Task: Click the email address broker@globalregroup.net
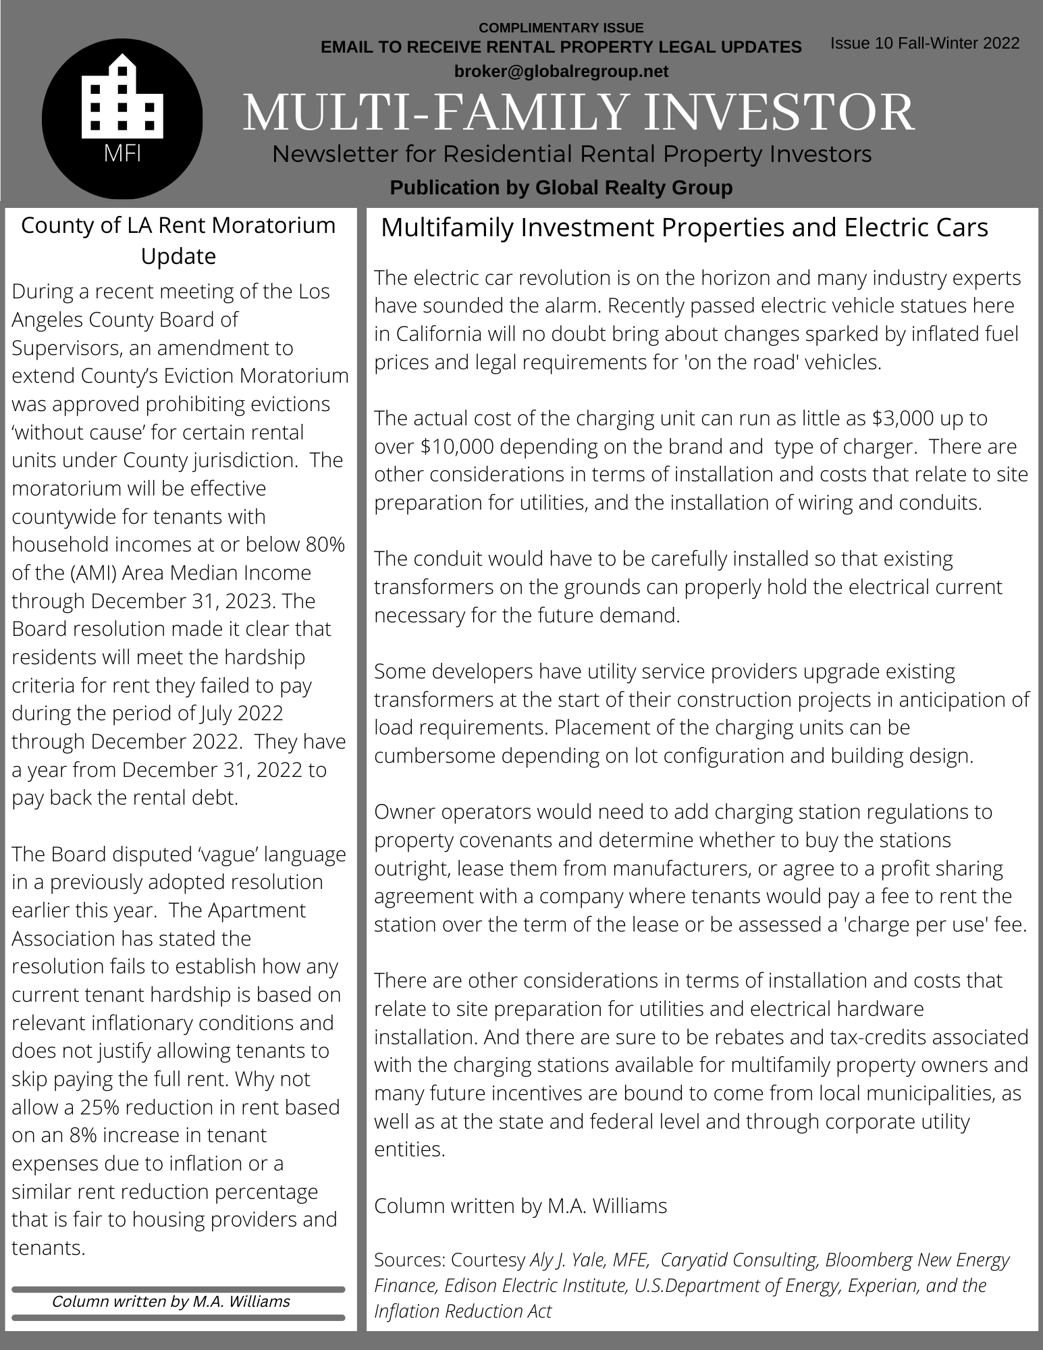pyautogui.click(x=561, y=71)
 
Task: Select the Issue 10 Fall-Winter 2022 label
pyautogui.click(x=924, y=43)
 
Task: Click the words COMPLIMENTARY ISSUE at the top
pyautogui.click(x=561, y=28)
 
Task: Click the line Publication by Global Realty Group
pyautogui.click(x=561, y=187)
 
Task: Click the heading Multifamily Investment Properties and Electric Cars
pyautogui.click(x=685, y=227)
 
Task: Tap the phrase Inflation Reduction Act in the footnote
pyautogui.click(x=462, y=1311)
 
